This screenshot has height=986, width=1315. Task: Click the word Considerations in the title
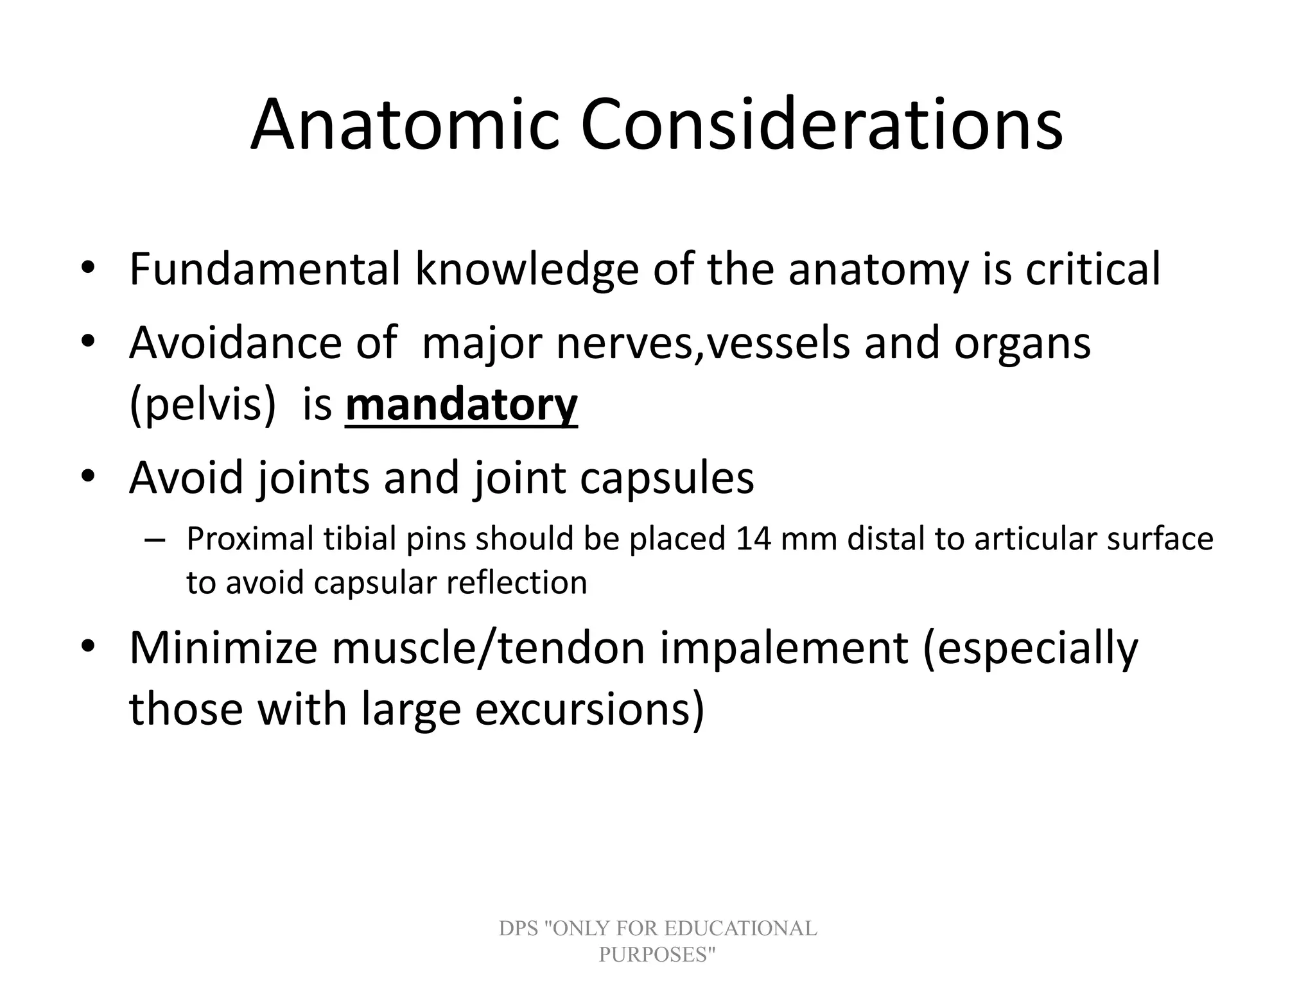tap(822, 125)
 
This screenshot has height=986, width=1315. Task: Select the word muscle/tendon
tap(487, 648)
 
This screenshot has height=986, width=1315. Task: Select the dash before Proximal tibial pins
tap(154, 540)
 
